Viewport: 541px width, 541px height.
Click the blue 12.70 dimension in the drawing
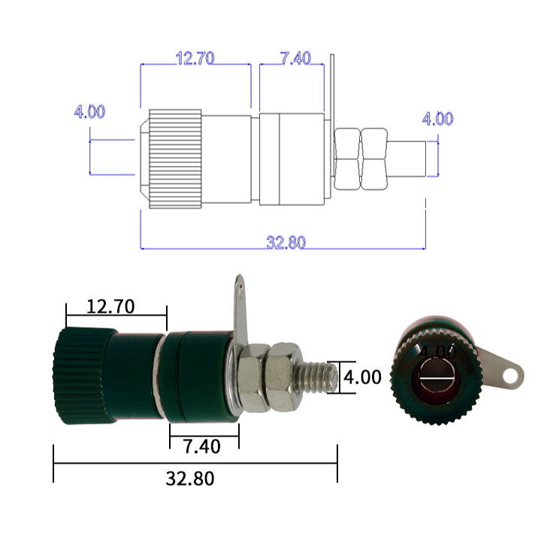point(195,59)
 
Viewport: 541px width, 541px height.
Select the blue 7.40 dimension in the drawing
point(296,58)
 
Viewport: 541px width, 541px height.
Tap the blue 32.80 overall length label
point(286,242)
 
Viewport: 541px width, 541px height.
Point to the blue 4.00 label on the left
point(89,111)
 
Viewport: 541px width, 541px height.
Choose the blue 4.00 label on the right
point(438,119)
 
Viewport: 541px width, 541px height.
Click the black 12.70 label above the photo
point(110,307)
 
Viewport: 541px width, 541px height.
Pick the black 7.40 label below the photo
point(201,446)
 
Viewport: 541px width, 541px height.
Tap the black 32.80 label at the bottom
point(190,479)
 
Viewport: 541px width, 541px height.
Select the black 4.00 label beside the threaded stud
point(363,377)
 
